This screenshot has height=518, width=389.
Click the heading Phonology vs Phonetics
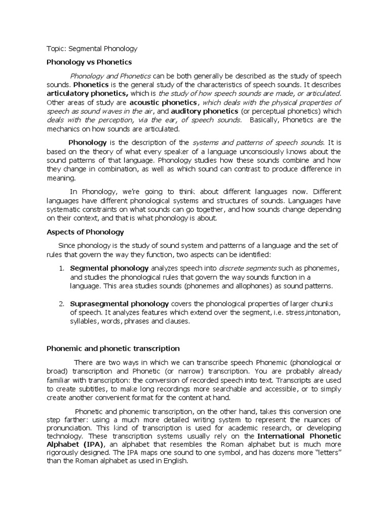click(89, 62)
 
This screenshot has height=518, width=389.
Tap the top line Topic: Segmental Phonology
click(92, 49)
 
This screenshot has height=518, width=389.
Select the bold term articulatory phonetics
click(87, 93)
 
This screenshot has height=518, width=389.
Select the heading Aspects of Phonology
click(85, 232)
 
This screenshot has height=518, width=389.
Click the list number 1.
click(60, 268)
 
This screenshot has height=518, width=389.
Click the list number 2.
click(60, 304)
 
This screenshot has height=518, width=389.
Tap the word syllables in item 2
click(84, 322)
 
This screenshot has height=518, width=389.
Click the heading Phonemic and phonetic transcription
click(113, 349)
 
